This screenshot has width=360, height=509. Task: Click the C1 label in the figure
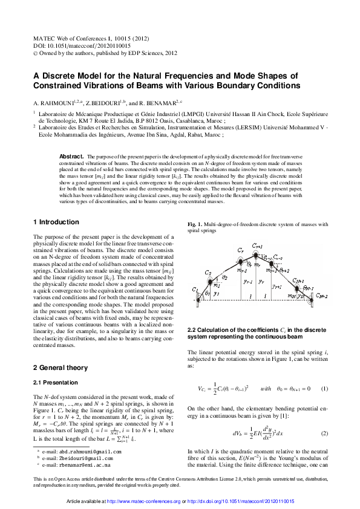[x=195, y=290]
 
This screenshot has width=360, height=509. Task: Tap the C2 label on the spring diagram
[x=208, y=273]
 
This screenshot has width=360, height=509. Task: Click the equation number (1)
[x=324, y=388]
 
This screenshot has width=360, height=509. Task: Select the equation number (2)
[x=324, y=434]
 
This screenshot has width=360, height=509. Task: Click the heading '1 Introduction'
[x=56, y=222]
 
